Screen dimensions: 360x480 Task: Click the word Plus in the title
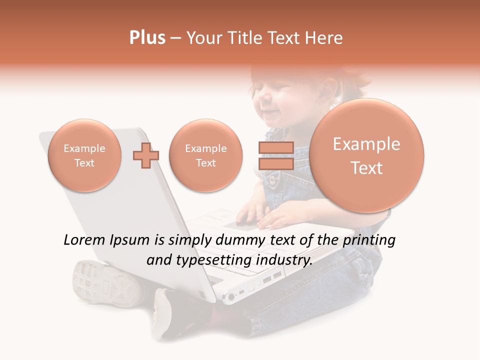click(147, 38)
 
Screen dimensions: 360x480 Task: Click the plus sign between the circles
click(145, 155)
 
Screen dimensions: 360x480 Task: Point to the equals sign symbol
click(276, 155)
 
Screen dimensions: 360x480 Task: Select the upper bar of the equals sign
click(276, 147)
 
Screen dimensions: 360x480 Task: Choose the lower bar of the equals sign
click(276, 163)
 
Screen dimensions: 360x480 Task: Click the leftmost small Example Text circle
click(84, 155)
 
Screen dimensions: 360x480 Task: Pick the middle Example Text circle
click(205, 155)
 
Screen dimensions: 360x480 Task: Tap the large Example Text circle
click(366, 155)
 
